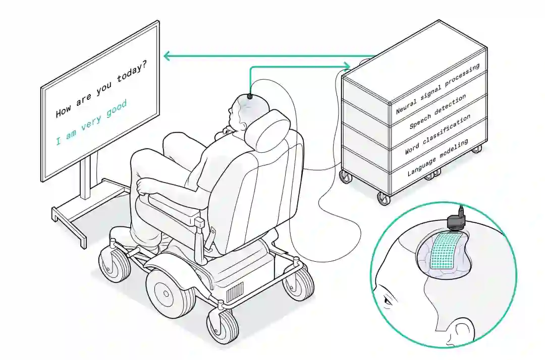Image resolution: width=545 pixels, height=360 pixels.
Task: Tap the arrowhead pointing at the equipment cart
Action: (x=347, y=65)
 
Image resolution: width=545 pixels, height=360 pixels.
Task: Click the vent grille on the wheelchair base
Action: (x=234, y=291)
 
